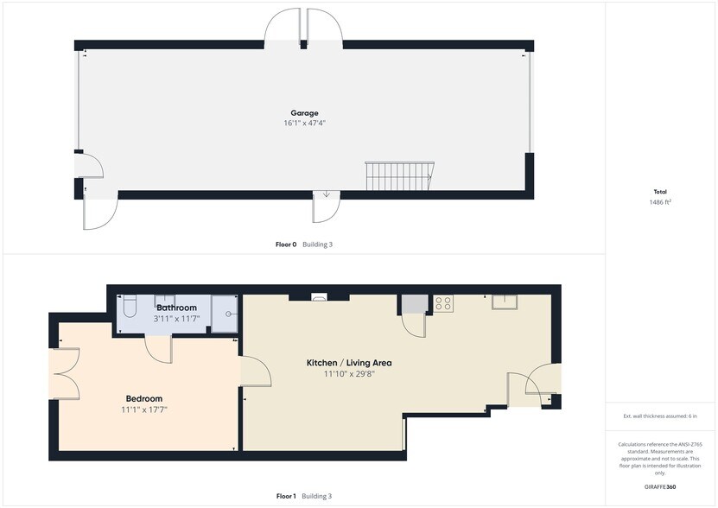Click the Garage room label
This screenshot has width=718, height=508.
click(304, 112)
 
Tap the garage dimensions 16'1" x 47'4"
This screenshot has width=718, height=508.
click(304, 123)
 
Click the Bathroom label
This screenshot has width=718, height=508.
click(177, 308)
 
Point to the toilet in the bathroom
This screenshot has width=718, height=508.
click(129, 307)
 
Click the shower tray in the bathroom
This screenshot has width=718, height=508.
click(225, 314)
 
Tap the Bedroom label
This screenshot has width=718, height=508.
click(144, 398)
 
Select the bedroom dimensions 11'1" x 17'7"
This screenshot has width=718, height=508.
click(144, 410)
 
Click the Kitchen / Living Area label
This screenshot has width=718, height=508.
click(349, 363)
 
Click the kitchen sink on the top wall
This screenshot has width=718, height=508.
click(505, 302)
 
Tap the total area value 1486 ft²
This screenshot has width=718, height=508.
click(660, 202)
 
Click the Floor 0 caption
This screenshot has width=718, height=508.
click(285, 244)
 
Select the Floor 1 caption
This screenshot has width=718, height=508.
click(286, 496)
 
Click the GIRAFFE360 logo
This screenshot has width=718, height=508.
click(660, 487)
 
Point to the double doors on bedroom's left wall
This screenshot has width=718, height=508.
click(65, 374)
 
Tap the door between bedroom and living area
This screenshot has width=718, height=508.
click(256, 371)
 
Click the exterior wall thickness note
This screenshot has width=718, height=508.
click(660, 416)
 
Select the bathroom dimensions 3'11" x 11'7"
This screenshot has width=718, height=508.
click(177, 318)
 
